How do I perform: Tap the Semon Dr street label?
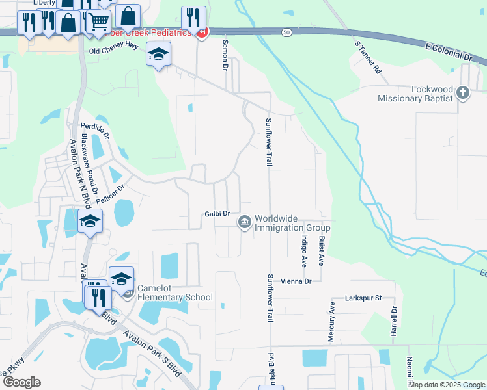[225, 58]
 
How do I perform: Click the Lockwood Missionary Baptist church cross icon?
[463, 92]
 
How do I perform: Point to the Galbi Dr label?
[217, 213]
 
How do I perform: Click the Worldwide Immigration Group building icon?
[244, 222]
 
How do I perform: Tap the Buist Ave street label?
[321, 250]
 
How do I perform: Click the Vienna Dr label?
[297, 281]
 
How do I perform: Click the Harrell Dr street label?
[394, 321]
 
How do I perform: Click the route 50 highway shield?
[286, 31]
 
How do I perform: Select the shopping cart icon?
[98, 21]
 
